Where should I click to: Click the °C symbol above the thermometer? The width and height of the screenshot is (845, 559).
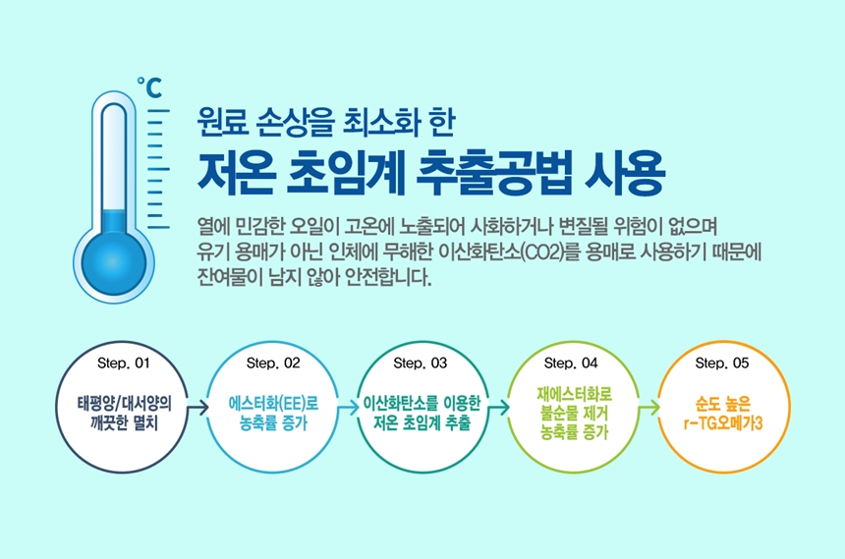(x=148, y=87)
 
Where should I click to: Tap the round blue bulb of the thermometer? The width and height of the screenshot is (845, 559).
(x=114, y=263)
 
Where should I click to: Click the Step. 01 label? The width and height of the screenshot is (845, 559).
(x=124, y=363)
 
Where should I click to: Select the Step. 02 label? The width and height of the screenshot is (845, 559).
(x=273, y=363)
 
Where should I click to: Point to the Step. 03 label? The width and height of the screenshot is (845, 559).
(x=421, y=363)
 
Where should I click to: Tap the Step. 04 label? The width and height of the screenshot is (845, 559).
(x=571, y=363)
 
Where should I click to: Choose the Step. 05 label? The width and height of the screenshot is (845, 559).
(x=721, y=363)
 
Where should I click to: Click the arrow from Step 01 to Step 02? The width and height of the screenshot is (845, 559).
(x=197, y=408)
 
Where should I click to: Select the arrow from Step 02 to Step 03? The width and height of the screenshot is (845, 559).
(x=348, y=408)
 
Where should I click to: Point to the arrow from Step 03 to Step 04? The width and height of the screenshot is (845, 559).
(x=498, y=408)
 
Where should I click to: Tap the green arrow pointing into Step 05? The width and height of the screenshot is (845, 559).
(x=648, y=408)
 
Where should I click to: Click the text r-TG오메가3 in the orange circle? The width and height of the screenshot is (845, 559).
(x=723, y=423)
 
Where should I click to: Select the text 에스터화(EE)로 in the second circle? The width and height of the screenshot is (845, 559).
(x=274, y=403)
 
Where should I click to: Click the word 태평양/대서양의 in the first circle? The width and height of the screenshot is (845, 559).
(x=125, y=403)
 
